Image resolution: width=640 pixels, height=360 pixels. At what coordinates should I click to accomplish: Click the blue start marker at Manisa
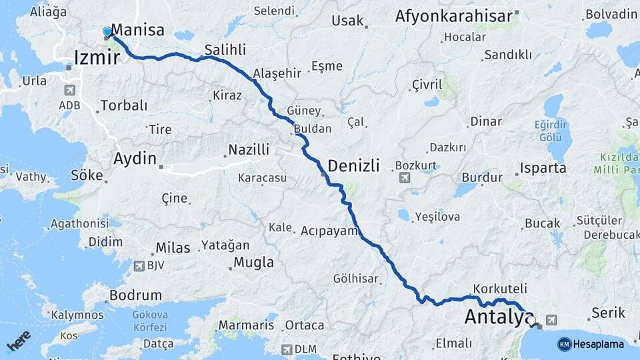(x=107, y=31)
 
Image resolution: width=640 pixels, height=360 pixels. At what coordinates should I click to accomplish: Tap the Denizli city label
(x=353, y=165)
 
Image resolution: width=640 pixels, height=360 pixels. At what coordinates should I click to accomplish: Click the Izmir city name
(x=97, y=57)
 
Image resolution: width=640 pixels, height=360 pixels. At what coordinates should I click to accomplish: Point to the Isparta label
(x=543, y=168)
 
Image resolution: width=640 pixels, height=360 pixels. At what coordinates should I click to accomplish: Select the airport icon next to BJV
(x=139, y=266)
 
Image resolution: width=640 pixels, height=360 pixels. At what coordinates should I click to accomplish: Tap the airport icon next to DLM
(x=287, y=349)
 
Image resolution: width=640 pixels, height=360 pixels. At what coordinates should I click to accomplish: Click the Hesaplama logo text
(x=598, y=344)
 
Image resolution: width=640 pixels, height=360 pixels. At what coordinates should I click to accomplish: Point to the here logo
(x=18, y=341)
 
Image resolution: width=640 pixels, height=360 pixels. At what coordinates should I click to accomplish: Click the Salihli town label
(x=225, y=49)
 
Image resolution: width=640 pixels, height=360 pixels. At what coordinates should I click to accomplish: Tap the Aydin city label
(x=135, y=159)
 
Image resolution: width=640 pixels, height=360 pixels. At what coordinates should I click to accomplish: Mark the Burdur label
(x=481, y=178)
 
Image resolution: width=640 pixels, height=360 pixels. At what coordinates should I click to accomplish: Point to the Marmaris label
(x=246, y=325)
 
